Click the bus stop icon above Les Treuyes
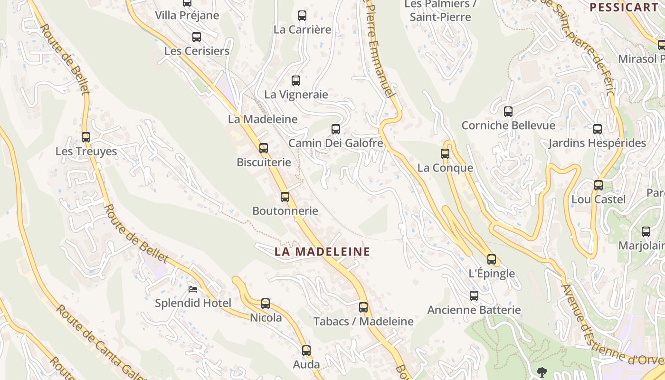86,137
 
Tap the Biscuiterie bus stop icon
264,148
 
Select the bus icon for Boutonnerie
285,197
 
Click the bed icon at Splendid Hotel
193,289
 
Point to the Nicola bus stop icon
266,303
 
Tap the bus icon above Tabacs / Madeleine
363,307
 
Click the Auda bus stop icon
306,351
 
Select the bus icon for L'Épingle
492,259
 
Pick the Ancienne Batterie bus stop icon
474,296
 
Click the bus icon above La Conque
445,153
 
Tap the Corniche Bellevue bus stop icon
508,112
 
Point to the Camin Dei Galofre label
336,143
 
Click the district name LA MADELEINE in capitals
322,252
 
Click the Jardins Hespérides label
597,143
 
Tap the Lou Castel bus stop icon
598,185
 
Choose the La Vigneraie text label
296,95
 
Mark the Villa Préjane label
187,15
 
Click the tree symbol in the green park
541,371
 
